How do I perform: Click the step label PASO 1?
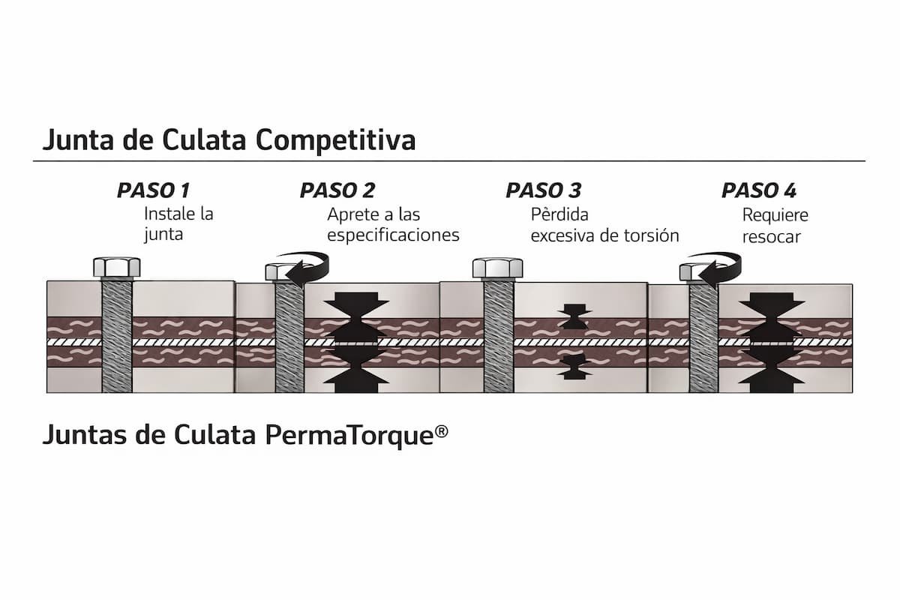pos(154,190)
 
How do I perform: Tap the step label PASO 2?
pos(337,190)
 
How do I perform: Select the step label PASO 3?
pos(543,190)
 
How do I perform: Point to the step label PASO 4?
pos(759,190)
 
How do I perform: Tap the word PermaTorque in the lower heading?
pos(349,435)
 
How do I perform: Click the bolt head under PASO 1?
pos(116,267)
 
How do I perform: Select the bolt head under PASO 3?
pos(498,267)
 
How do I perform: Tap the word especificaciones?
pos(393,235)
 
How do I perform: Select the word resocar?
pos(772,236)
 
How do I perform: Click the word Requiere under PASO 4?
pos(775,215)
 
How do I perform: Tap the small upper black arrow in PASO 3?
pos(574,316)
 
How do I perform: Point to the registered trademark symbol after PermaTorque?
pos(441,430)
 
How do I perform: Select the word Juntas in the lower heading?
pos(79,435)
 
